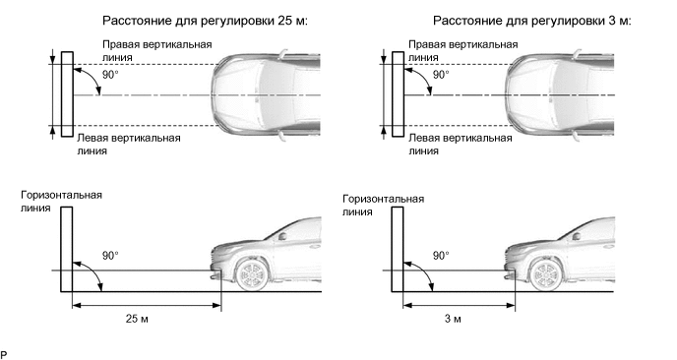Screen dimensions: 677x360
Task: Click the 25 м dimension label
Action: click(137, 319)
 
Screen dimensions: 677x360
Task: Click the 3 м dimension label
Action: click(453, 319)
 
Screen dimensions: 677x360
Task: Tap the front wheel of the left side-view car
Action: click(252, 273)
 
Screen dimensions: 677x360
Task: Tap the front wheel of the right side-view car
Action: click(546, 273)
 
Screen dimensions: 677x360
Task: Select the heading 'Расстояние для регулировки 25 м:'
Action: click(205, 21)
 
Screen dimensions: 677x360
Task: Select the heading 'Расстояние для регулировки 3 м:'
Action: click(532, 21)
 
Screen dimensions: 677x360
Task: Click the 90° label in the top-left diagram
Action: click(110, 75)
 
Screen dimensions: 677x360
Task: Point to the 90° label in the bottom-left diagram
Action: click(110, 256)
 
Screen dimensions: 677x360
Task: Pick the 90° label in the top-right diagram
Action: click(441, 75)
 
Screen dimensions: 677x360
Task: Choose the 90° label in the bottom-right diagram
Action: click(441, 256)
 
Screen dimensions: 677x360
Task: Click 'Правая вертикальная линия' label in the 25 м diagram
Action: click(157, 50)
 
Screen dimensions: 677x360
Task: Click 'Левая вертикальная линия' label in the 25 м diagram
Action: click(129, 145)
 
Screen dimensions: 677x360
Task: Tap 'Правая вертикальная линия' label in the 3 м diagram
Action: click(462, 50)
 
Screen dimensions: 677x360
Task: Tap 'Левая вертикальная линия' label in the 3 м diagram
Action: click(461, 145)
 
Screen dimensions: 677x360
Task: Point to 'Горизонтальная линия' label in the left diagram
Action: click(61, 202)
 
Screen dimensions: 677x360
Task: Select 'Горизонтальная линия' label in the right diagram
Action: click(384, 205)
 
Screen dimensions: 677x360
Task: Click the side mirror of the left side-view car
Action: click(282, 236)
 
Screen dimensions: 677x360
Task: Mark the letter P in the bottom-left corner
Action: click(4, 355)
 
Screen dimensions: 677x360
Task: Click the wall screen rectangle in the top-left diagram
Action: click(67, 94)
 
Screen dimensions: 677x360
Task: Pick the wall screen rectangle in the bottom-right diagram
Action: click(398, 249)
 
